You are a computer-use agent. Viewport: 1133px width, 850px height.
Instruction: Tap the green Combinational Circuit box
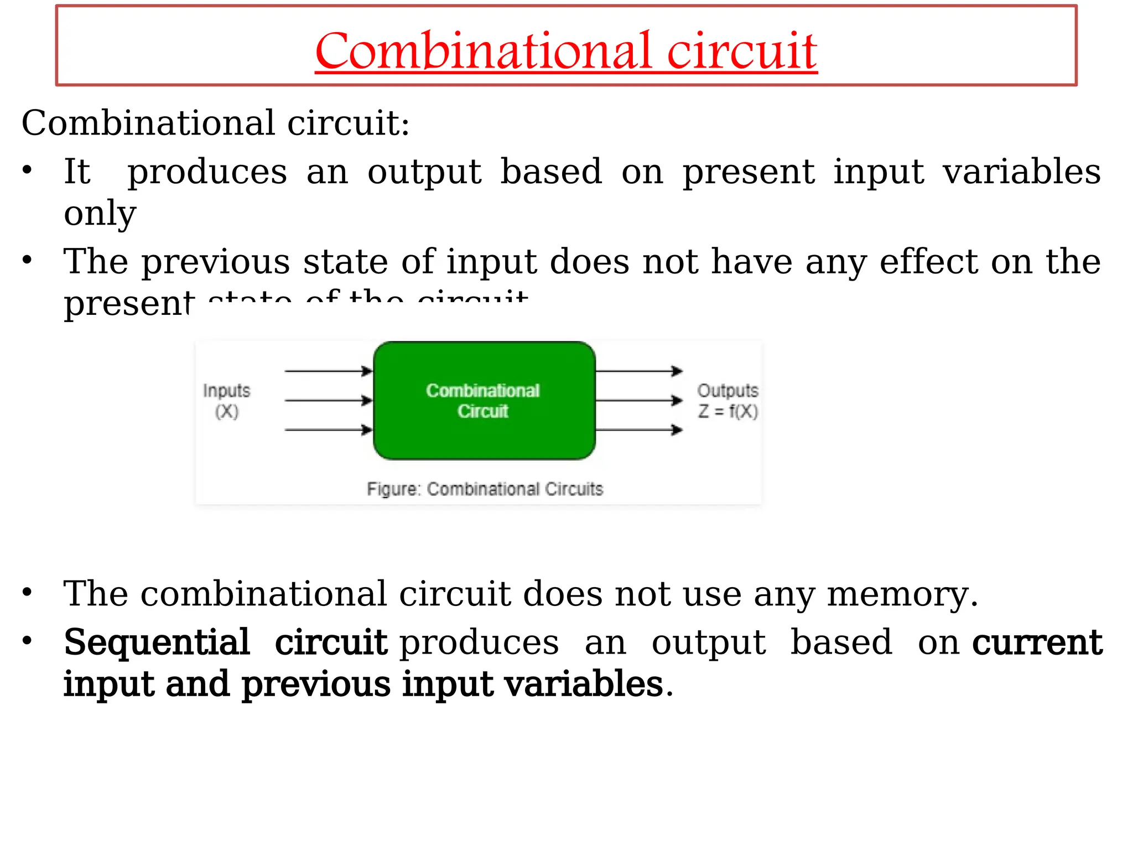(x=484, y=401)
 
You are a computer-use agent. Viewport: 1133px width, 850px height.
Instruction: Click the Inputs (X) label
(x=227, y=401)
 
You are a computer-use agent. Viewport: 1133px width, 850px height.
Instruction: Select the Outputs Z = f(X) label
(x=727, y=401)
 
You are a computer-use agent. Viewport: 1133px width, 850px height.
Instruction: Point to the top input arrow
(x=328, y=371)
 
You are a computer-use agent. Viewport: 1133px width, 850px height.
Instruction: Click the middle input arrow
(x=328, y=400)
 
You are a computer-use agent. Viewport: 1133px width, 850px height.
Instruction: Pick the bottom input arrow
(x=328, y=429)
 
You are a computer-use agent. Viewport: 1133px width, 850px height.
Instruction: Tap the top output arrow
(x=639, y=371)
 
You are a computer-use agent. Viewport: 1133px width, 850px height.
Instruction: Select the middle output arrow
(x=639, y=400)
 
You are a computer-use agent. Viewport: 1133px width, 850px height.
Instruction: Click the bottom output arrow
(x=639, y=429)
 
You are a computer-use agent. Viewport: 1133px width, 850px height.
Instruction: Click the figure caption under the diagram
(x=485, y=489)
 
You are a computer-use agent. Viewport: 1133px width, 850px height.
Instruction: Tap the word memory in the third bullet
(x=902, y=594)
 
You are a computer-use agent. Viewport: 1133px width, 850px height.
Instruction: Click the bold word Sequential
(x=157, y=642)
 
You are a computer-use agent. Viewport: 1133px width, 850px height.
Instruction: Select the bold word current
(x=1037, y=642)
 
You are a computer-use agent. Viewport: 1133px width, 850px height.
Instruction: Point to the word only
(x=100, y=214)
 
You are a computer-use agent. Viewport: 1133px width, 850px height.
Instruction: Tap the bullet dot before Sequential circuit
(x=27, y=641)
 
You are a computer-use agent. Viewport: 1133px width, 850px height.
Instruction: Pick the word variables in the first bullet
(x=1022, y=172)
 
